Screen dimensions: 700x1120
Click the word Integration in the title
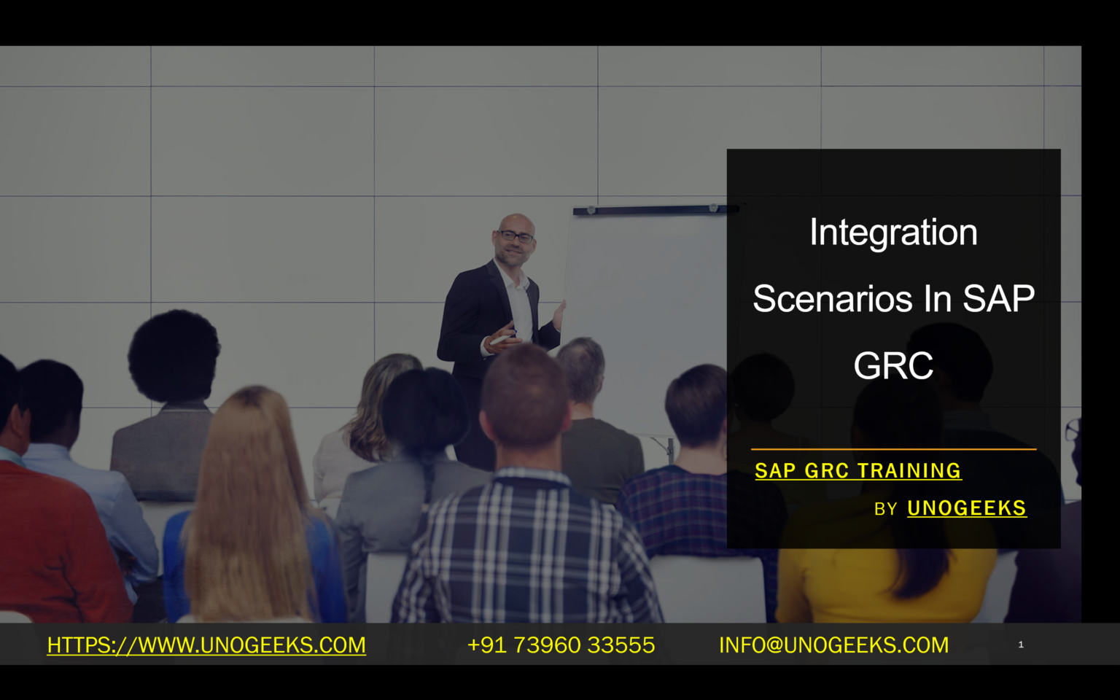click(x=893, y=233)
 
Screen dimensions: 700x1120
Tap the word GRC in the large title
click(x=893, y=366)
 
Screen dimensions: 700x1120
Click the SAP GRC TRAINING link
click(x=857, y=471)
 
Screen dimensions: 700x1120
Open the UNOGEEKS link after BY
click(x=966, y=508)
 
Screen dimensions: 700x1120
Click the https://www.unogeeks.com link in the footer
click(x=206, y=645)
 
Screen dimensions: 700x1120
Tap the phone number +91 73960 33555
click(x=561, y=645)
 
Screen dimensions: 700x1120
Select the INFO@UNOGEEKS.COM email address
click(x=833, y=645)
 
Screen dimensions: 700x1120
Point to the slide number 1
click(x=1021, y=645)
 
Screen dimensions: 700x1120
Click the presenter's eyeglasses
click(x=516, y=236)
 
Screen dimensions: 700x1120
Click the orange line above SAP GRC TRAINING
click(x=893, y=449)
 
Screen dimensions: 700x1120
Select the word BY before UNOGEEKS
click(x=885, y=509)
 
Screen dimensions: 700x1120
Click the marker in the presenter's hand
click(x=500, y=340)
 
